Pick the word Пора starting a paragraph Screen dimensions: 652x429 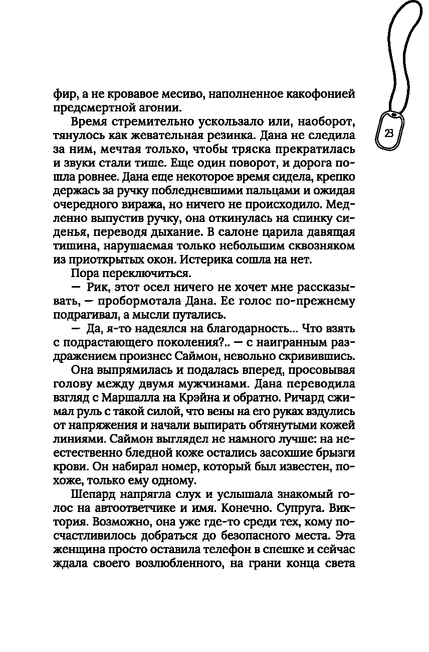coord(86,275)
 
